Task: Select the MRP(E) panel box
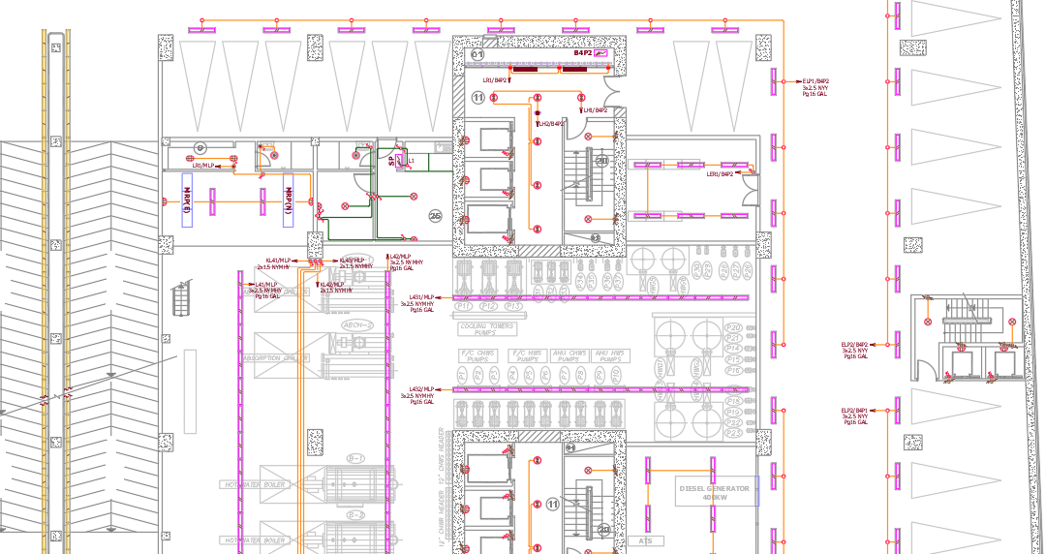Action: pyautogui.click(x=186, y=200)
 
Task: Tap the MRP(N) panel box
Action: pyautogui.click(x=289, y=200)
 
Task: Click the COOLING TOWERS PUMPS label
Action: pyautogui.click(x=486, y=330)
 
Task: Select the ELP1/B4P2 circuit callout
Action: pyautogui.click(x=815, y=87)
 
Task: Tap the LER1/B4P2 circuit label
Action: pyautogui.click(x=720, y=174)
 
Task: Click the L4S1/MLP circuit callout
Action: pyautogui.click(x=419, y=303)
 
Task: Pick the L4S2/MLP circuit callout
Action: pyautogui.click(x=419, y=395)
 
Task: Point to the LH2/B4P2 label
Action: pyautogui.click(x=550, y=124)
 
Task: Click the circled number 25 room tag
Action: pyautogui.click(x=435, y=217)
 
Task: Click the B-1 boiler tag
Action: pyautogui.click(x=355, y=457)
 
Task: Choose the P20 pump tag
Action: pyautogui.click(x=733, y=327)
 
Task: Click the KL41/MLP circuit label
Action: pyautogui.click(x=278, y=261)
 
